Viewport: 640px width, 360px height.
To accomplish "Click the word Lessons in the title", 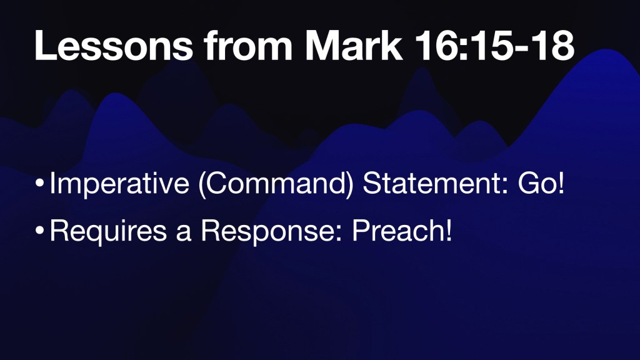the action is point(114,46).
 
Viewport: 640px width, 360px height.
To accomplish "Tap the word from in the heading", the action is point(249,46).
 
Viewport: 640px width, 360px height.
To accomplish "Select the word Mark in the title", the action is point(354,46).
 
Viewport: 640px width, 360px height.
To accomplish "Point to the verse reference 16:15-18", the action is point(494,46).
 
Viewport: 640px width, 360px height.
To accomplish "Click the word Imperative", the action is point(119,183).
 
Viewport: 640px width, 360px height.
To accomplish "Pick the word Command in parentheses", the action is point(276,183).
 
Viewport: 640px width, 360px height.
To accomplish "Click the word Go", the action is point(536,183).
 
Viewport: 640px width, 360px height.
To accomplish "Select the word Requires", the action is point(108,231).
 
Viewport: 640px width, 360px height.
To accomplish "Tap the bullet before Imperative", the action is point(39,183).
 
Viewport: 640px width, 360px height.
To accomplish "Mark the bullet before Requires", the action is point(39,230).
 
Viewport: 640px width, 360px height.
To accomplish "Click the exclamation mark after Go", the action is point(561,183).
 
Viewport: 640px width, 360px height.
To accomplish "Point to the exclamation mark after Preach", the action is point(449,230).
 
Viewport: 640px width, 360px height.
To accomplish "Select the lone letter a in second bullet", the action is point(184,234).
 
